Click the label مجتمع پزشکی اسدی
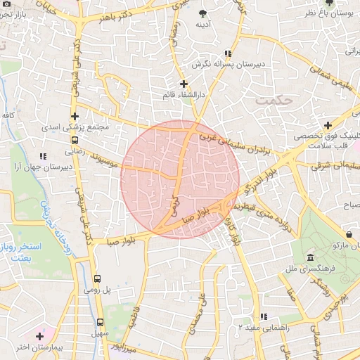tap(74, 128)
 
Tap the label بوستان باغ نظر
tap(332, 13)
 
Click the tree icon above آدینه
tap(204, 13)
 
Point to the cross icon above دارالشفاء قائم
tap(184, 84)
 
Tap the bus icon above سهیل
tap(100, 323)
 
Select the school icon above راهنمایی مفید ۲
tap(264, 316)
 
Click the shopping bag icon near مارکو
tap(349, 233)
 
